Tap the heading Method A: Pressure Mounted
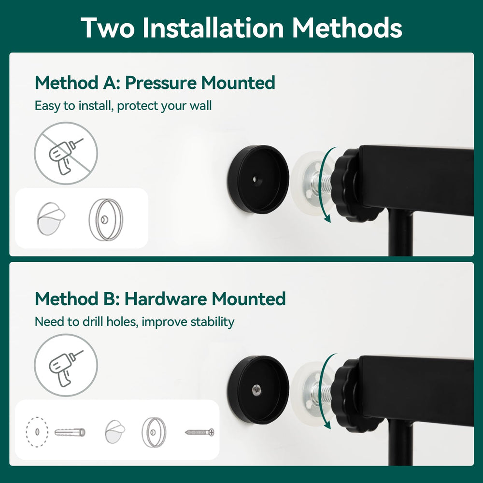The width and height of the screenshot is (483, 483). (x=155, y=83)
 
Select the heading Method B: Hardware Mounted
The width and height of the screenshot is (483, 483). (x=160, y=298)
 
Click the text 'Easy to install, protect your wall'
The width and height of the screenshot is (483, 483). (x=123, y=106)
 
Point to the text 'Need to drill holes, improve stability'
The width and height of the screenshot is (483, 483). (x=134, y=321)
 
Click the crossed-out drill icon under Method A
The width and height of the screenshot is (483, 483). (x=66, y=153)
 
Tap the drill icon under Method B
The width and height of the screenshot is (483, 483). (x=66, y=365)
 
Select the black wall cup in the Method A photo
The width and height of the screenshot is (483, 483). (x=258, y=179)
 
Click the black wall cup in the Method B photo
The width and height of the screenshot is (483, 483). (x=258, y=390)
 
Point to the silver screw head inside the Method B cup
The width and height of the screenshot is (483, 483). (x=256, y=389)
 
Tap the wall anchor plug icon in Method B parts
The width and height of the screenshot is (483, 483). (x=70, y=431)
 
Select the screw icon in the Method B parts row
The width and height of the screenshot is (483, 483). (x=199, y=431)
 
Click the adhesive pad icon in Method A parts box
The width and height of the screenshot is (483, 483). (x=51, y=218)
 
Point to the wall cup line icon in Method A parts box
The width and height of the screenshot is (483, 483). (x=105, y=220)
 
